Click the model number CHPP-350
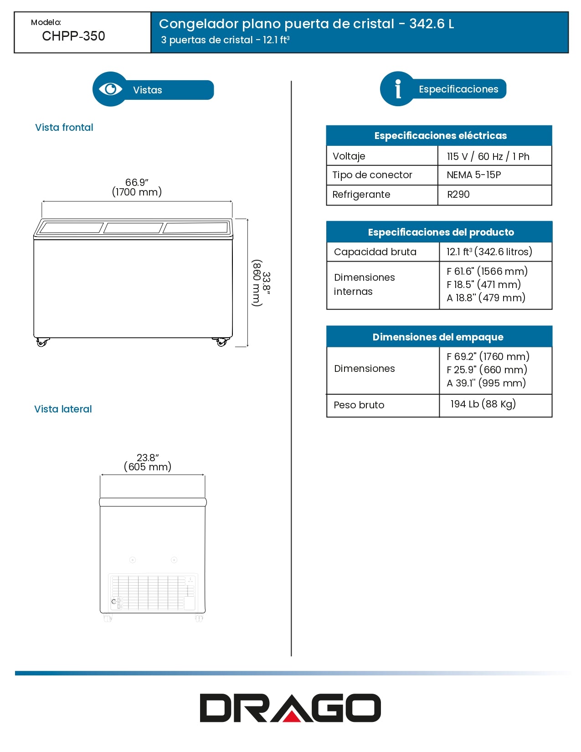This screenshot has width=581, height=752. point(73,36)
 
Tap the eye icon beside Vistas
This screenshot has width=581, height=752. point(110,89)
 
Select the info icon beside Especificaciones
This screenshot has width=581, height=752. point(398,89)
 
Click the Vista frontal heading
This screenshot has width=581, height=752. point(64,128)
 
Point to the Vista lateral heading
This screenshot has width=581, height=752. point(63,409)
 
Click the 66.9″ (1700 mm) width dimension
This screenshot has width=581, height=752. point(137,187)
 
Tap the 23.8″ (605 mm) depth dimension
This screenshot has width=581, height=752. point(148,462)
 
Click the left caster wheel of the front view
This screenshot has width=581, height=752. point(42,342)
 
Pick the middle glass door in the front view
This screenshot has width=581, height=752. point(133,228)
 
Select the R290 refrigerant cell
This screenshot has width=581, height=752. point(458,195)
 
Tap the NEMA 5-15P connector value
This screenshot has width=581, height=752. point(474,175)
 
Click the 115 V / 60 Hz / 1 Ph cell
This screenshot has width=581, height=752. point(488,156)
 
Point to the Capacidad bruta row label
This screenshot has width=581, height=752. point(375,252)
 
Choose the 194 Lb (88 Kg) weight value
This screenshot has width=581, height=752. point(483,404)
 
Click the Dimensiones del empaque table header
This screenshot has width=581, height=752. point(438,337)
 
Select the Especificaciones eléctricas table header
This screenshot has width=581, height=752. point(440,135)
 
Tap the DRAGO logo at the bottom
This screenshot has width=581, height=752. point(290,708)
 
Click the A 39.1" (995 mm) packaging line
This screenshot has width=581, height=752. point(486,383)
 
